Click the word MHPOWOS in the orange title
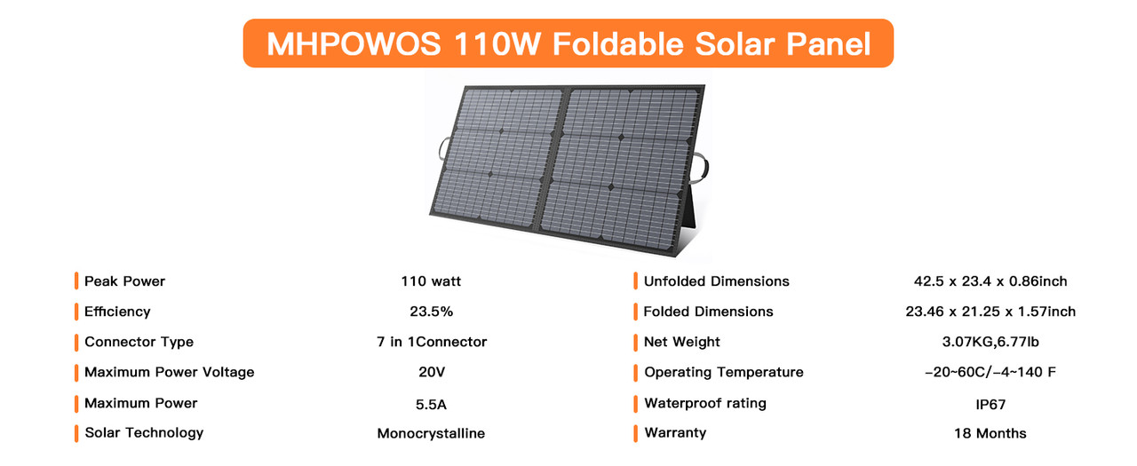pos(354,43)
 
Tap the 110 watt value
pos(431,281)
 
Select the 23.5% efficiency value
pos(431,312)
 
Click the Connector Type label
pos(139,343)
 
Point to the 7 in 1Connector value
pos(432,343)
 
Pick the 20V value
pos(432,372)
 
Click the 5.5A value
pos(431,405)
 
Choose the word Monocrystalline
pos(431,433)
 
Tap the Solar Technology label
pos(144,433)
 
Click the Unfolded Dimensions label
pos(717,281)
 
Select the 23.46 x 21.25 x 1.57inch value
pos(990,312)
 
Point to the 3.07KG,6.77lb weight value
pos(990,343)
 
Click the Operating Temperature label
pos(724,373)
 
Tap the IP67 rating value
pos(990,405)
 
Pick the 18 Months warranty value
pos(990,433)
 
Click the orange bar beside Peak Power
pos(76,280)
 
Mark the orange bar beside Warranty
pos(635,433)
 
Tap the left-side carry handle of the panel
pos(442,150)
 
